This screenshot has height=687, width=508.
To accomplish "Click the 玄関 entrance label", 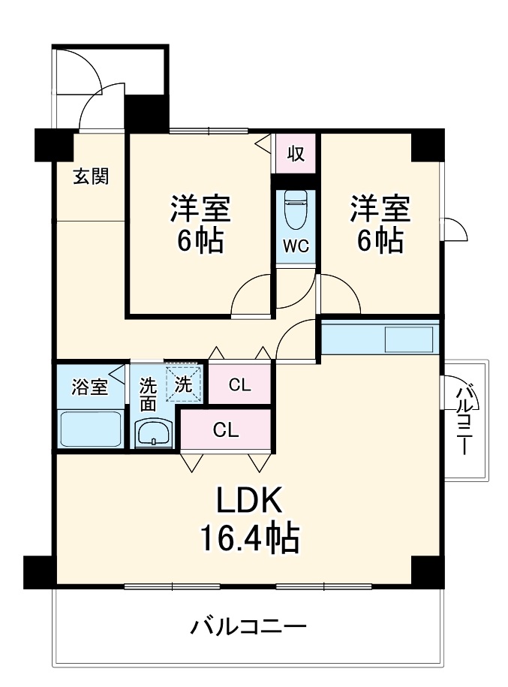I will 91,176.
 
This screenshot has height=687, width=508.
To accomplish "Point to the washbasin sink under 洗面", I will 154,434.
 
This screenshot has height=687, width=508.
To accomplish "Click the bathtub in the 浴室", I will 90,429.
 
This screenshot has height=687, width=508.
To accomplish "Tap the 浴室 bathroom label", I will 89,387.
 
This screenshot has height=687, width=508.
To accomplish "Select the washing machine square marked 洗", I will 184,383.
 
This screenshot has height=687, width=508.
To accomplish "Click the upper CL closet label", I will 239,386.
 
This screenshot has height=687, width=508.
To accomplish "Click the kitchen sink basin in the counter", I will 410,339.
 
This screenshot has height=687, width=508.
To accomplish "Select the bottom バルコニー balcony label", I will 248,626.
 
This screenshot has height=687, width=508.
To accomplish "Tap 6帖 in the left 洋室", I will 199,240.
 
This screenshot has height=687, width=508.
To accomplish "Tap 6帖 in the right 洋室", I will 379,240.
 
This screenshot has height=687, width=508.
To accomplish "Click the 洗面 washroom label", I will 149,394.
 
